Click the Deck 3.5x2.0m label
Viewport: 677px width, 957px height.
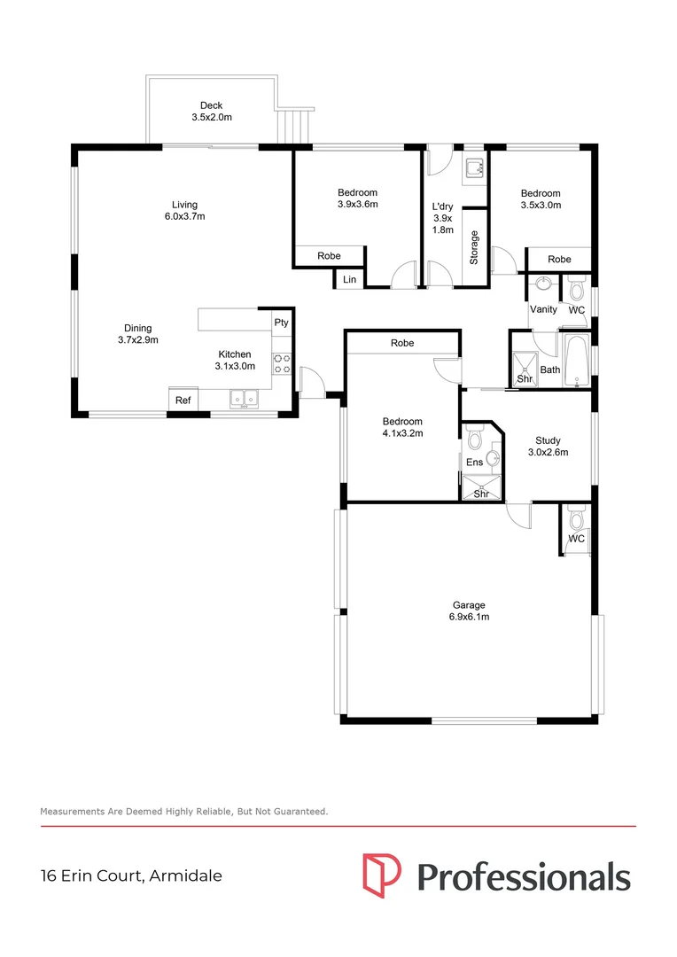[x=211, y=111]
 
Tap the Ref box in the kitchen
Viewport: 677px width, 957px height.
[x=183, y=401]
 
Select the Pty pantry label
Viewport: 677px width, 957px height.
[x=281, y=323]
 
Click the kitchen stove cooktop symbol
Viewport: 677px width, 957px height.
[x=283, y=363]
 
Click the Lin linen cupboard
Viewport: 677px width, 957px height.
[x=349, y=280]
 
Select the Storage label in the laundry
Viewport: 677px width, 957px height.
[x=475, y=247]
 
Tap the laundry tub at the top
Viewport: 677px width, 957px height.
[x=473, y=166]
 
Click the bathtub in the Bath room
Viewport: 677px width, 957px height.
[x=576, y=361]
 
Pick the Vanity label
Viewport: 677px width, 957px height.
[x=543, y=309]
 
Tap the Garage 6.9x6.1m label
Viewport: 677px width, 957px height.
[x=469, y=611]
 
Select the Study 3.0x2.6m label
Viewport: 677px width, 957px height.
[x=548, y=446]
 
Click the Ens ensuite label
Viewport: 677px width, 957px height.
[x=474, y=462]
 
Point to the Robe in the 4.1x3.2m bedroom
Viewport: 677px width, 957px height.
[x=402, y=343]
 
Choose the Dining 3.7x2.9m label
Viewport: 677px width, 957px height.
[x=137, y=333]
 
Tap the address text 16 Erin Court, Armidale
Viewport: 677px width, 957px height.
[x=131, y=876]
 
